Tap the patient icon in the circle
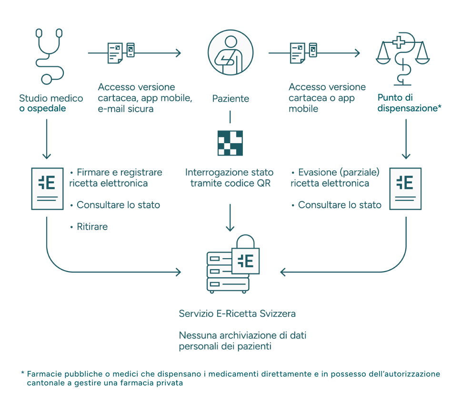(230, 52)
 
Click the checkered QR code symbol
(230, 143)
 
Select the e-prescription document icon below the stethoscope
(47, 188)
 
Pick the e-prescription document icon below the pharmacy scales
(405, 189)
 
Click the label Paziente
(230, 99)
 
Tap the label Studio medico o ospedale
(51, 103)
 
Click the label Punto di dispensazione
(409, 103)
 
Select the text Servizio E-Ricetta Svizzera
(237, 314)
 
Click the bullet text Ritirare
(92, 227)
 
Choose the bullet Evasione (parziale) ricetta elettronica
(334, 178)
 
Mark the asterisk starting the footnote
(22, 373)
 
